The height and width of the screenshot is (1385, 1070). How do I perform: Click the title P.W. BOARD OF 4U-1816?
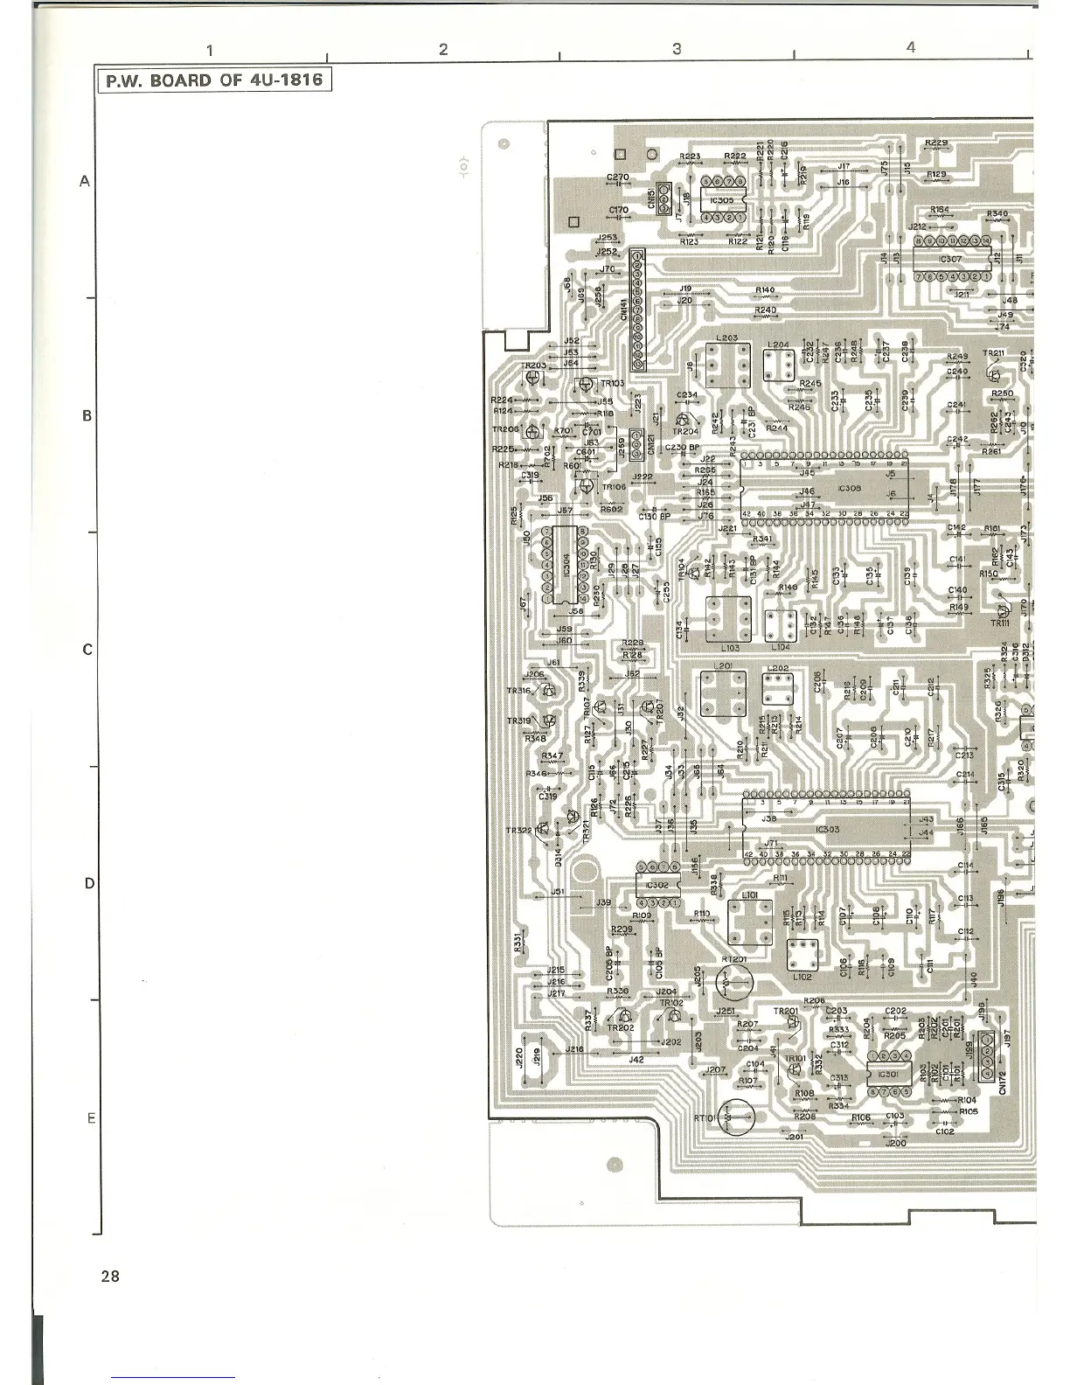(x=214, y=81)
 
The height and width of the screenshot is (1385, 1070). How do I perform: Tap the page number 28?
(x=110, y=1276)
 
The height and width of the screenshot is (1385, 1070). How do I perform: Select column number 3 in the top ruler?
(x=677, y=49)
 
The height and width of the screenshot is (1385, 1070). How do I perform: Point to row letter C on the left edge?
(x=87, y=650)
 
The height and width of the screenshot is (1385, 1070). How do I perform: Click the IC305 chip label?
(x=722, y=199)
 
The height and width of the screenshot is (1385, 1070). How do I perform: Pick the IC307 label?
(x=950, y=259)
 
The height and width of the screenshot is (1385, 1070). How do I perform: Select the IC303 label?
(x=827, y=830)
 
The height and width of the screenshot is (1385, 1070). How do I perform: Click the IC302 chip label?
(x=657, y=885)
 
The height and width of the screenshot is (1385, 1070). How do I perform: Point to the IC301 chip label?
(x=888, y=1075)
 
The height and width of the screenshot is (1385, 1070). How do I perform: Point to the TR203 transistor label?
(x=533, y=366)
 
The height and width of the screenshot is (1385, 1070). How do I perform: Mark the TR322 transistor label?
(x=519, y=830)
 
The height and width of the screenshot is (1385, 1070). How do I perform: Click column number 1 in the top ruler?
(x=211, y=51)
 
